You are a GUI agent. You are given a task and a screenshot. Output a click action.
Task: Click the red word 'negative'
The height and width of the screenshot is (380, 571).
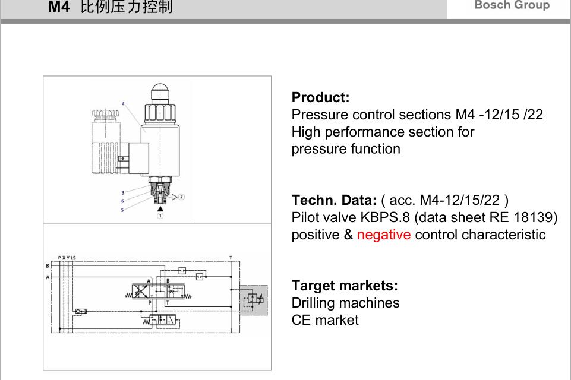(383, 235)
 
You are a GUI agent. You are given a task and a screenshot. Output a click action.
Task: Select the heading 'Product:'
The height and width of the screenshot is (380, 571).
(320, 97)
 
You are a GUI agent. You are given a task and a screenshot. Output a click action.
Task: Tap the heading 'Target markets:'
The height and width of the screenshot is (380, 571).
(345, 286)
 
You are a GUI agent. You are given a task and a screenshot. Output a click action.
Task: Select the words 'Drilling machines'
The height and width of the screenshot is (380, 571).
(345, 303)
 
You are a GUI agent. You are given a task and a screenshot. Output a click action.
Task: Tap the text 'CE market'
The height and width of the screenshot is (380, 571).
(324, 320)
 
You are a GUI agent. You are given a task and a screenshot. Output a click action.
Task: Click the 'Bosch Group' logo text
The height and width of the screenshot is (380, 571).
(512, 5)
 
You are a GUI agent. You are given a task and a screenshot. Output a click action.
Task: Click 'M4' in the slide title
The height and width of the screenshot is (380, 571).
(59, 7)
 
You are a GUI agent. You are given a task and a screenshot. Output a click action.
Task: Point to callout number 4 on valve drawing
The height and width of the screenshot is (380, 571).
(124, 104)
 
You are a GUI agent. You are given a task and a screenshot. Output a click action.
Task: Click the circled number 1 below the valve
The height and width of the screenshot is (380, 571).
(160, 216)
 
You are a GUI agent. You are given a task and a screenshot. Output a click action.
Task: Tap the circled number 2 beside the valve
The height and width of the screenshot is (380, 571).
(181, 197)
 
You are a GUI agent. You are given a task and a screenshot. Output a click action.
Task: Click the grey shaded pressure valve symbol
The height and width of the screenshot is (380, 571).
(254, 299)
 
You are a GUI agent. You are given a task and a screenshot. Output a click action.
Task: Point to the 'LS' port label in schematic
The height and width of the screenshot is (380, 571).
(72, 258)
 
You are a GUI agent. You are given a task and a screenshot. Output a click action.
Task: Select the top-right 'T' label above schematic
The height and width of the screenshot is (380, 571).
(231, 258)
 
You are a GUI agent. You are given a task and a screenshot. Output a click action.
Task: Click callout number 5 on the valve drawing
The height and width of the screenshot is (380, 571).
(122, 210)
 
